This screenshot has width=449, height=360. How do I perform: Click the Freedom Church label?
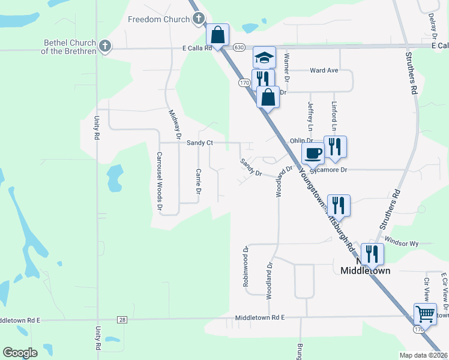click(158, 19)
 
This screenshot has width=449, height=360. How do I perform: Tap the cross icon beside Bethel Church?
click(105, 46)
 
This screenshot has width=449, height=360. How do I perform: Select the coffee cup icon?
click(313, 154)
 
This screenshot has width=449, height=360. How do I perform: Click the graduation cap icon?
click(264, 58)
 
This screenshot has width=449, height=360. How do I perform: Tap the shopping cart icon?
click(425, 314)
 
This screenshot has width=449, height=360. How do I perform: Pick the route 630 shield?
click(240, 47)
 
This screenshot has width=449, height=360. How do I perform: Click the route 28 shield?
click(122, 320)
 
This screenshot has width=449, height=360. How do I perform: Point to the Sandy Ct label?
click(200, 143)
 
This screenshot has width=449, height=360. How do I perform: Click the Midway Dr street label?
click(175, 122)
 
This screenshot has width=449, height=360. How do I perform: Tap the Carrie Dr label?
click(197, 181)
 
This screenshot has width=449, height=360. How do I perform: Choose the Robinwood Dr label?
click(246, 266)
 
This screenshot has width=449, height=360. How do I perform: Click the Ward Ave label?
click(324, 70)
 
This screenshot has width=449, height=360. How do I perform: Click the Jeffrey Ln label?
click(310, 116)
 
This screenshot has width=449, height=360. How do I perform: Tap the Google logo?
click(20, 353)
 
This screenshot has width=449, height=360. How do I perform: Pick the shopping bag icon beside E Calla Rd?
click(217, 35)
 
